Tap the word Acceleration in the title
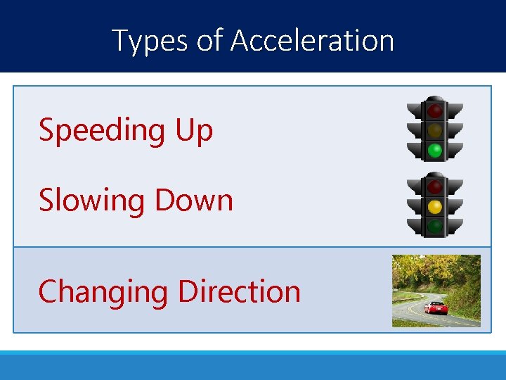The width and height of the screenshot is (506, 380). [x=312, y=40]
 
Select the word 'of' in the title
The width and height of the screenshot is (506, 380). [x=209, y=40]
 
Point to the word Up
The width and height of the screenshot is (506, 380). [x=193, y=131]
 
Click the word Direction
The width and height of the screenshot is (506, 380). [x=240, y=291]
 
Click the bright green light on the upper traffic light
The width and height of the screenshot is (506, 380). [x=435, y=150]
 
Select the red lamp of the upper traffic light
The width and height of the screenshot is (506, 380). [x=435, y=110]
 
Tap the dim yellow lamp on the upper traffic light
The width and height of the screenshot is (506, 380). [x=435, y=130]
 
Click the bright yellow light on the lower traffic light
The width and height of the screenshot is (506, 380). [x=435, y=207]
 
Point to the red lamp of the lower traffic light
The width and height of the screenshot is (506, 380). [x=435, y=187]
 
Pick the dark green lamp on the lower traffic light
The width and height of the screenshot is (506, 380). [x=435, y=227]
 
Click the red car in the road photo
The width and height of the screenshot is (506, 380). [x=436, y=308]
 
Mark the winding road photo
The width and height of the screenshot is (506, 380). [x=436, y=291]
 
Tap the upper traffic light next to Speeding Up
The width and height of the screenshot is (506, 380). [x=435, y=128]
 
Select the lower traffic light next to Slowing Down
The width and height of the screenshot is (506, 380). [x=435, y=205]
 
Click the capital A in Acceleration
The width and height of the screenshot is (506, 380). [x=241, y=40]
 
